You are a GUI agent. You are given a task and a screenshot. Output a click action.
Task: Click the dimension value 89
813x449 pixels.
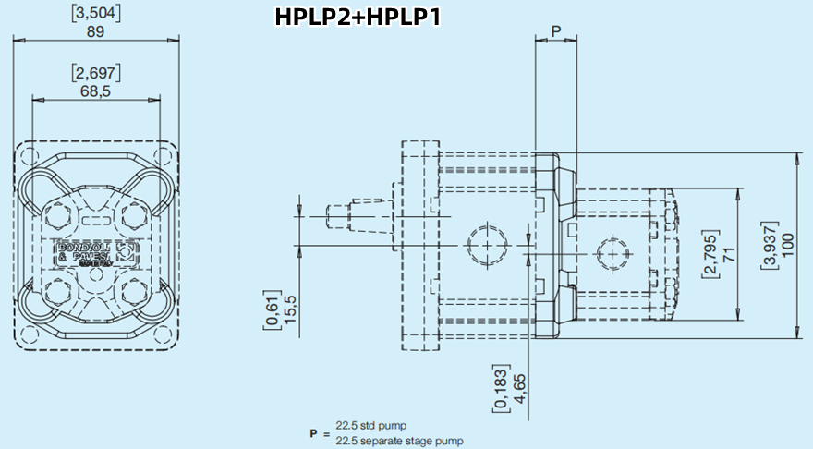[95, 30]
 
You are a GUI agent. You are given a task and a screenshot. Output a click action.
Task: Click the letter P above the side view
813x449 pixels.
[555, 30]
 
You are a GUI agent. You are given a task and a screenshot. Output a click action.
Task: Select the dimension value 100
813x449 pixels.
[786, 246]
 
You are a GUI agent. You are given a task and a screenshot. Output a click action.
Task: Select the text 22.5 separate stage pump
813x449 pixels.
[399, 441]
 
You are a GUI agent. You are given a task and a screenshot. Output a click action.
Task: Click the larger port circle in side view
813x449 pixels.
[487, 245]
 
